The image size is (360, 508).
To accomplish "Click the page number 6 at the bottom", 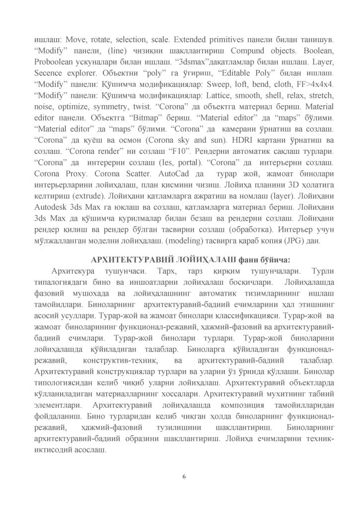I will point(184,476).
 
